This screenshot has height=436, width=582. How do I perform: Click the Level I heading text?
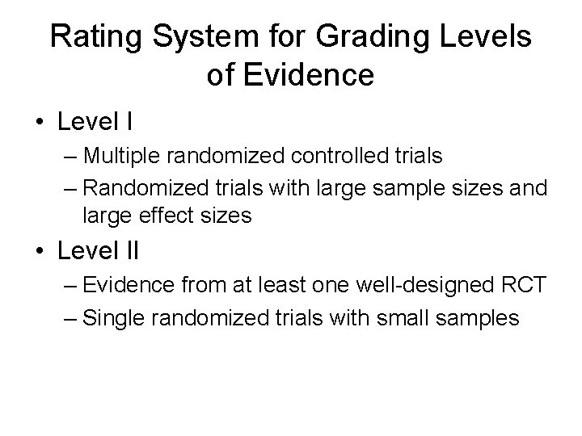pyautogui.click(x=95, y=123)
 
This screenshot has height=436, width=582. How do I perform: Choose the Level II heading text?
pyautogui.click(x=99, y=251)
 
